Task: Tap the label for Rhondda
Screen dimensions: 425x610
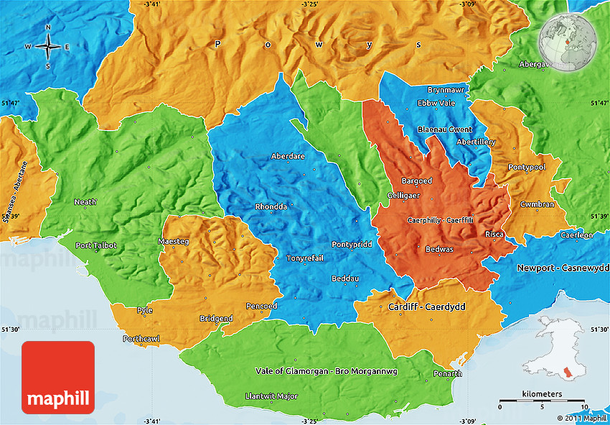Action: pos(271,207)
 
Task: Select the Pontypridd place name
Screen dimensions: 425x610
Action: pos(352,245)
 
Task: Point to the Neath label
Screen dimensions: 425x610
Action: pos(85,202)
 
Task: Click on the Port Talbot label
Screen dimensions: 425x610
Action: pos(96,246)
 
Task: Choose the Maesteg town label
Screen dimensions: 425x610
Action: pos(174,242)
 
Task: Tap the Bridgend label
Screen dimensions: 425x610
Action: pos(216,318)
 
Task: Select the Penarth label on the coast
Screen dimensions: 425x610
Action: pos(448,374)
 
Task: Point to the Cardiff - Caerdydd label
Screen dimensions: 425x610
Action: pos(426,307)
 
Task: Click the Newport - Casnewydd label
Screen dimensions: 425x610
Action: pos(562,268)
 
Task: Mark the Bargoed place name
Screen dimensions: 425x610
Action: pos(416,181)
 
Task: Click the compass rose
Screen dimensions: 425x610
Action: pos(48,47)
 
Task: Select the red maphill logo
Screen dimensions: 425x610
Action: pos(58,377)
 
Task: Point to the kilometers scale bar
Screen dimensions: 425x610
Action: pos(543,399)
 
